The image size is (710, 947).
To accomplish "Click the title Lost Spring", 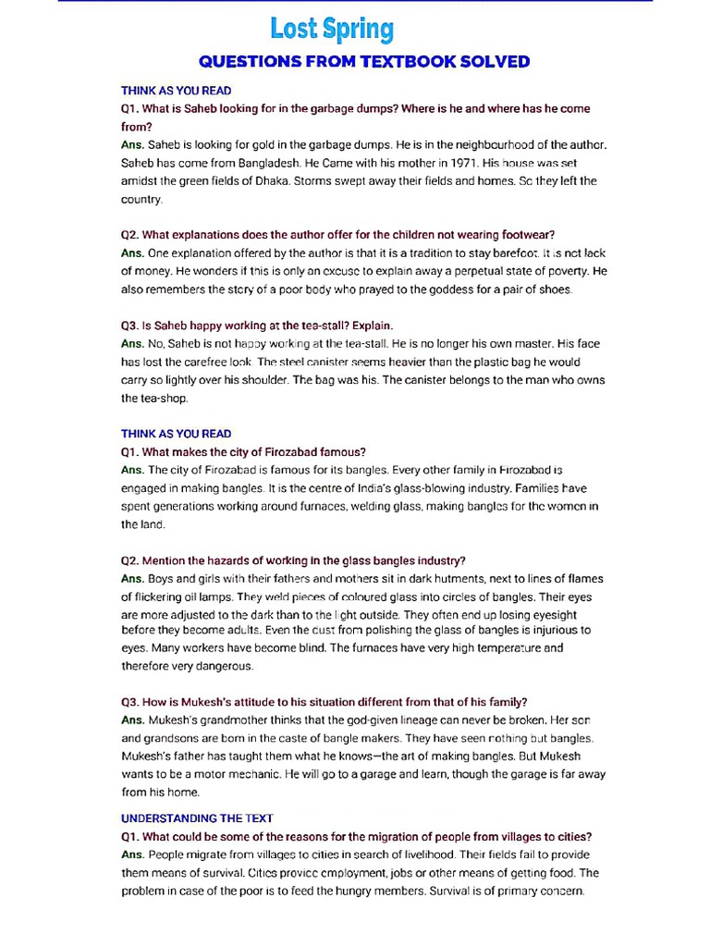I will (332, 29).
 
